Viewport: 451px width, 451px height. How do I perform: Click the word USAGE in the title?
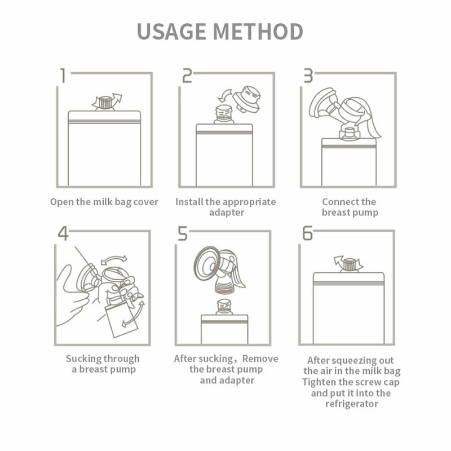171,31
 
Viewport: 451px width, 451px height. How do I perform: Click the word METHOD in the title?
258,31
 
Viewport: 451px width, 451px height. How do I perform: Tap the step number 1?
63,76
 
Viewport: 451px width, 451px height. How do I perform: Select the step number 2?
187,76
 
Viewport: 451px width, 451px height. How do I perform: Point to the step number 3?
308,76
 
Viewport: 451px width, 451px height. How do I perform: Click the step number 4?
63,233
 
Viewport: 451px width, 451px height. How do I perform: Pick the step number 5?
183,233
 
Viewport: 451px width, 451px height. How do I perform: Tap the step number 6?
307,233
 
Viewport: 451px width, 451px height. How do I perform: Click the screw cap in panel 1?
105,103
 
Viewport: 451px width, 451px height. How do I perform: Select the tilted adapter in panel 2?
247,99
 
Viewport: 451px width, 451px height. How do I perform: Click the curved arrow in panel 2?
225,95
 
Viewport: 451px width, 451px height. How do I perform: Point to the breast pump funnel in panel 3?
321,103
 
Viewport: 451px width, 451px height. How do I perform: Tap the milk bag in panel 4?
121,319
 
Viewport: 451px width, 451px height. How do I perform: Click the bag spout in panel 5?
224,307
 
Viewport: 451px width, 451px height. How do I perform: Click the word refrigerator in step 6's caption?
352,404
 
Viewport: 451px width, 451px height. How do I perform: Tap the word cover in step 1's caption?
146,202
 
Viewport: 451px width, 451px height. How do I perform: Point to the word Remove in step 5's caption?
260,359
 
